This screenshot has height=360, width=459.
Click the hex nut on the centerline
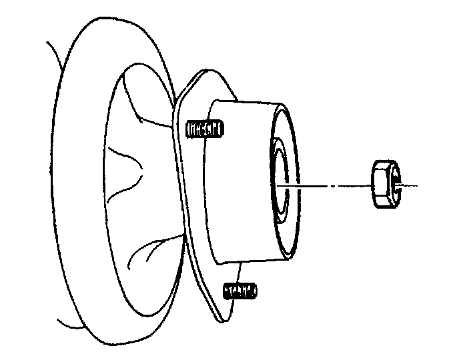(x=384, y=184)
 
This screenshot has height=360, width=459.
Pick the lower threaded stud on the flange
(x=241, y=291)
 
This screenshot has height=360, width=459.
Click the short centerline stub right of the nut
(x=410, y=185)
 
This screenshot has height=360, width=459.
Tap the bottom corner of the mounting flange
(x=217, y=317)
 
